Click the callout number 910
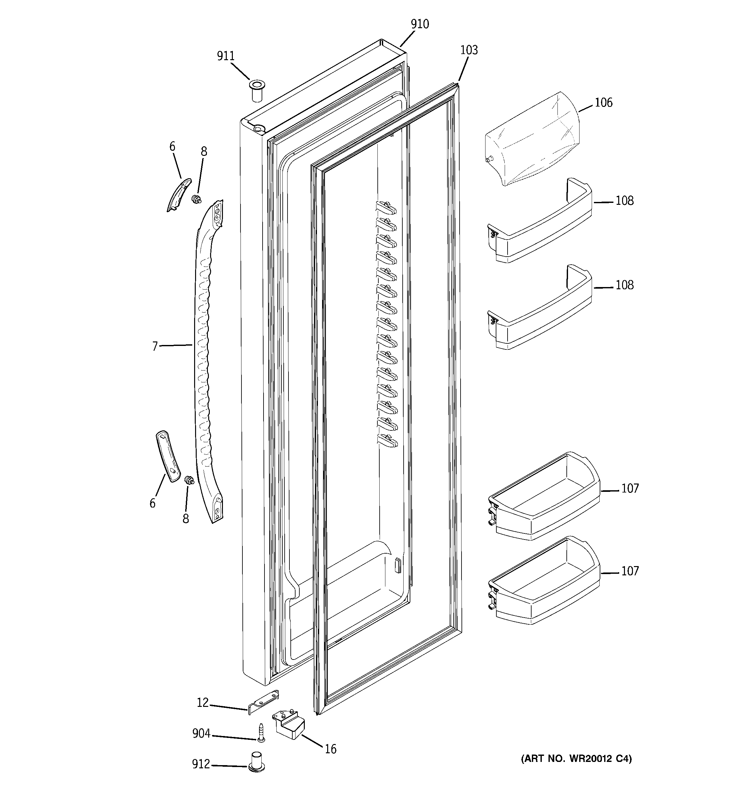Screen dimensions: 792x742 click(420, 24)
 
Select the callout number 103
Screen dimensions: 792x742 click(469, 50)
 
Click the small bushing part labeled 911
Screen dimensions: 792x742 click(257, 91)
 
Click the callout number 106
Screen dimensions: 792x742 click(604, 103)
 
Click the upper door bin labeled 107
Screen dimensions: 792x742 click(544, 496)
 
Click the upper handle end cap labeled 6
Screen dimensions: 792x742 click(178, 195)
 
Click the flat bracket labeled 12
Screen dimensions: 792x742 click(264, 703)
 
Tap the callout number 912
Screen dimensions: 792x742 click(201, 764)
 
